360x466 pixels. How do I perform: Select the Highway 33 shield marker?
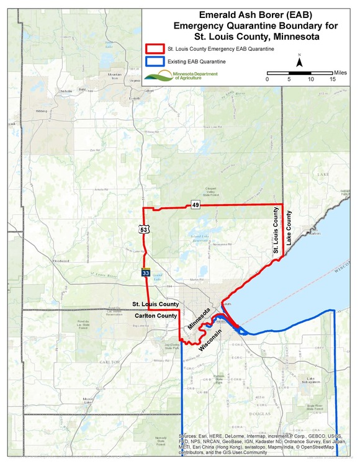pyautogui.click(x=144, y=272)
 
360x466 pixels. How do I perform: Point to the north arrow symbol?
pyautogui.click(x=299, y=61)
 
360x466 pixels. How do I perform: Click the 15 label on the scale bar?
pyautogui.click(x=333, y=79)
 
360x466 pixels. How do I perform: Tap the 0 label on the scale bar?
pyautogui.click(x=268, y=79)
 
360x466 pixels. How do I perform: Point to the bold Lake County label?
pyautogui.click(x=288, y=229)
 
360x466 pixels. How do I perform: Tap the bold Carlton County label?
pyautogui.click(x=157, y=316)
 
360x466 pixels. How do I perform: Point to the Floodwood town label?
pyautogui.click(x=61, y=261)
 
